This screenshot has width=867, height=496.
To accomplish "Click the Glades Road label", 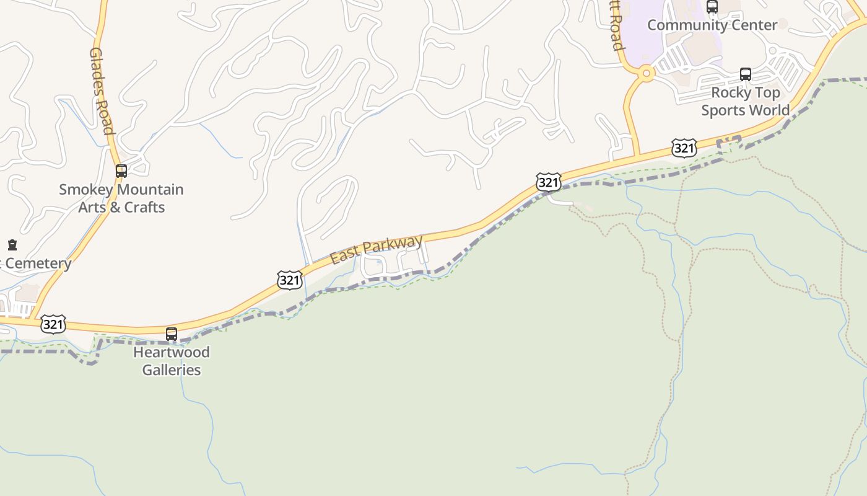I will (x=102, y=91).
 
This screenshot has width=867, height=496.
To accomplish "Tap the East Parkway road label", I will (x=376, y=249).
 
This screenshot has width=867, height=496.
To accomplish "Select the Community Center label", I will (x=712, y=25).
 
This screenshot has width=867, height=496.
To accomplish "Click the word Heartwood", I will (x=172, y=352).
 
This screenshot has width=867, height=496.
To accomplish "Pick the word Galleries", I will (x=172, y=370).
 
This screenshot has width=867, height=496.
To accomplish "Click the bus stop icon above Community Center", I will (x=712, y=7).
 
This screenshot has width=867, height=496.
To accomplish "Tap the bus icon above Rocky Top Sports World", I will (x=746, y=74).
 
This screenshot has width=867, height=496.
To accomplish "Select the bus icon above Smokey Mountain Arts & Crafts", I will (x=121, y=171).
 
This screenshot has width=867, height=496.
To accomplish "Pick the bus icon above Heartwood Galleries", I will (x=172, y=334).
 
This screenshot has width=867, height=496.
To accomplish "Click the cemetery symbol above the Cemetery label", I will (x=12, y=245).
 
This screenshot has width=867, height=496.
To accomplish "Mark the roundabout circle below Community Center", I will (x=646, y=73).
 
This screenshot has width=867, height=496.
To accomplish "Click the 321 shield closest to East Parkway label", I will (x=289, y=280).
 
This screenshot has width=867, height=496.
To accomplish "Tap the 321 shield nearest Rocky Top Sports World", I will (x=684, y=148).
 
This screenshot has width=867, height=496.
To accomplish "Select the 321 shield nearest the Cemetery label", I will (x=53, y=324).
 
